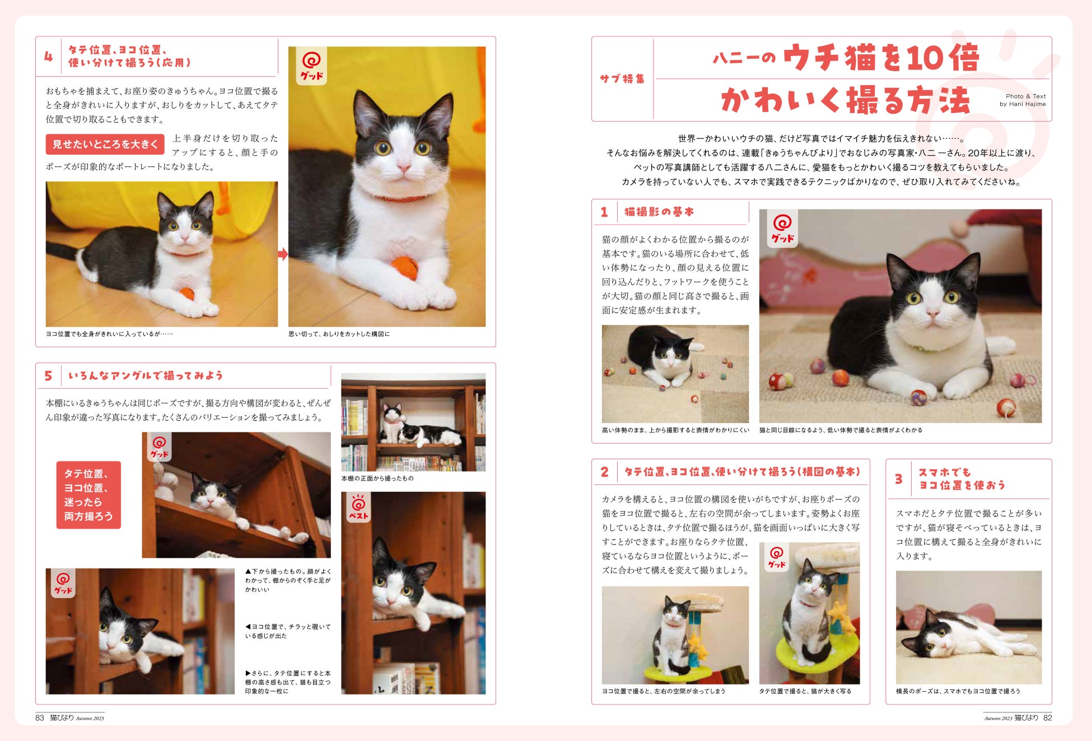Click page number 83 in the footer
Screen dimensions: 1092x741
point(39,717)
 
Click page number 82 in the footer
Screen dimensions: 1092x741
point(1047,717)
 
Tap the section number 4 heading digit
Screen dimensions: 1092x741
point(49,57)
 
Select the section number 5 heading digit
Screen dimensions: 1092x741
point(48,376)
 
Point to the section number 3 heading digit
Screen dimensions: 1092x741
point(898,479)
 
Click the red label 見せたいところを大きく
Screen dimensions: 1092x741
point(105,144)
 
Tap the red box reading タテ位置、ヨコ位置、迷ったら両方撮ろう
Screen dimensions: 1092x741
point(88,495)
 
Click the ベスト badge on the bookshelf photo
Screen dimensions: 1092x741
point(358,507)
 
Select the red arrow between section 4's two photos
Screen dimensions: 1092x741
point(283,254)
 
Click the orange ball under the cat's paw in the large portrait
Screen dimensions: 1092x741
point(404,268)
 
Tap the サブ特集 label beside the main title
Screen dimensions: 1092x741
point(622,79)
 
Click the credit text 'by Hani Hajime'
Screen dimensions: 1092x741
point(1023,104)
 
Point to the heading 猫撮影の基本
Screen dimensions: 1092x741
point(659,212)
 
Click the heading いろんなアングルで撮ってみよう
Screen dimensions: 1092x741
point(146,375)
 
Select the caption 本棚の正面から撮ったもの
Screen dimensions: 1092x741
point(377,478)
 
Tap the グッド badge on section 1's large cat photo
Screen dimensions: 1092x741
point(782,228)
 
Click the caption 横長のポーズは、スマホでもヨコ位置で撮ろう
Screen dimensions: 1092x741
point(958,691)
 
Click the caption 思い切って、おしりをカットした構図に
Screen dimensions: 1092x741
point(339,334)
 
